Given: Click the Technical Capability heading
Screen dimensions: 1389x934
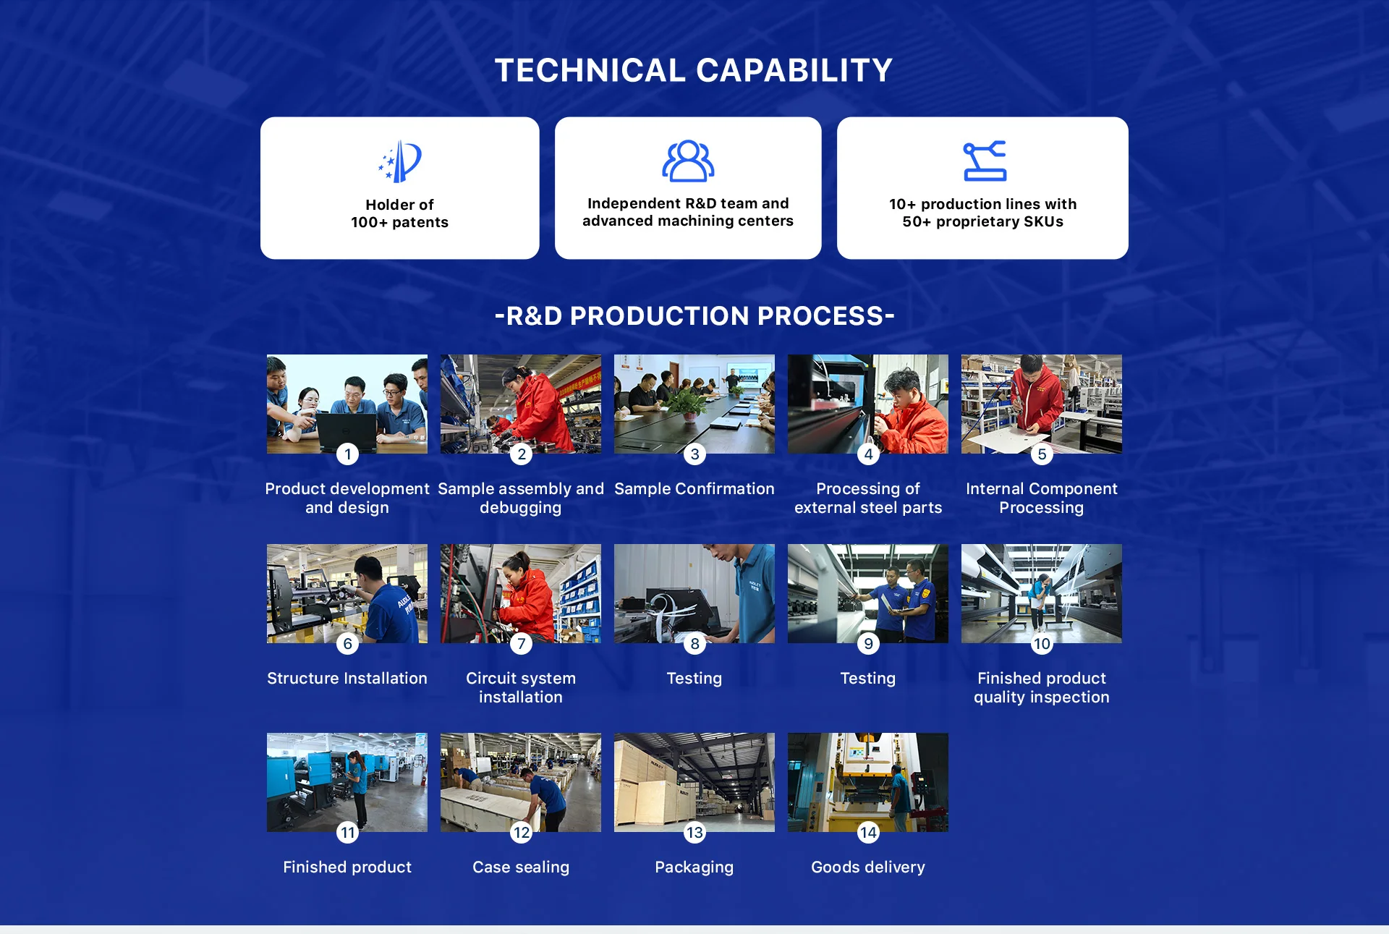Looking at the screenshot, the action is (694, 70).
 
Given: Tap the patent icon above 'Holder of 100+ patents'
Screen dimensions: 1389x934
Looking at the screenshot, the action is (400, 161).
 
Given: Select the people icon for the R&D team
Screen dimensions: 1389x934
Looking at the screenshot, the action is (688, 161).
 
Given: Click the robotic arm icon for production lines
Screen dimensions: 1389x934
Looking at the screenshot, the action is (985, 161).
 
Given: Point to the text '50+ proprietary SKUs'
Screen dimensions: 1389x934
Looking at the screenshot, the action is (982, 221).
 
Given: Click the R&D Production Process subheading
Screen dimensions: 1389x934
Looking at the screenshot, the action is (694, 315).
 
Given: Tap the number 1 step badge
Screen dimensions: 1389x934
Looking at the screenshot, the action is (347, 454).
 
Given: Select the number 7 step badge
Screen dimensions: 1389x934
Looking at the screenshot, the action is (521, 643).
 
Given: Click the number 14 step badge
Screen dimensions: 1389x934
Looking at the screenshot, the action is (868, 832).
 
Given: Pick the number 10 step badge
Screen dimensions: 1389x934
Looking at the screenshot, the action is (1042, 643).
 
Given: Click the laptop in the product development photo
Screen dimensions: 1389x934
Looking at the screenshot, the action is (347, 430).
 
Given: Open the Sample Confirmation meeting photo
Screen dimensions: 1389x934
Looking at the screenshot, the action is (694, 404).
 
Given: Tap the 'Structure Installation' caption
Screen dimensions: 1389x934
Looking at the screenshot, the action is (347, 678).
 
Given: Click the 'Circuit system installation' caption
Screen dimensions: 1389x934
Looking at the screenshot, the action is (521, 687).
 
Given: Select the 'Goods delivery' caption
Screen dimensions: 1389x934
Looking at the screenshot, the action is (868, 867).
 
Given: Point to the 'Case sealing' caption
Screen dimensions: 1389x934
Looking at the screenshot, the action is (521, 867).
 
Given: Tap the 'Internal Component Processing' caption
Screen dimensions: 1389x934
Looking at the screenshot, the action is (1042, 498).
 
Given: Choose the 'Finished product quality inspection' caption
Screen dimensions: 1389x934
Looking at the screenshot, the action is (1042, 687).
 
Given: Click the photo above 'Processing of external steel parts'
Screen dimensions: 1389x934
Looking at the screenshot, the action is (868, 404).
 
